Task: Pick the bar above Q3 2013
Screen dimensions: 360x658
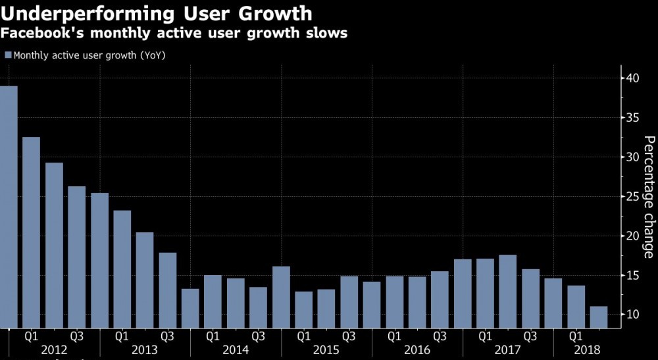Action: pos(168,290)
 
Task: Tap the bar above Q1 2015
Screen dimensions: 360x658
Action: pos(304,309)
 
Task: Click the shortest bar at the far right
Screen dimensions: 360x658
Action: pos(599,317)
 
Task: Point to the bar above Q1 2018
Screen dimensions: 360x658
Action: pos(576,306)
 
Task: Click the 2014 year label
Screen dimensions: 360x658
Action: pos(235,349)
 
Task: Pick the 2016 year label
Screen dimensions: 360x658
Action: pos(417,349)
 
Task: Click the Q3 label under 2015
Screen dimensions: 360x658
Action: pos(349,336)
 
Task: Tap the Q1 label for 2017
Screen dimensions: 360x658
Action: pos(485,336)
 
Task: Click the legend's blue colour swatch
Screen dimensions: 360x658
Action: pos(8,55)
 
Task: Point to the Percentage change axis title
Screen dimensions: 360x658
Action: pos(648,197)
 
